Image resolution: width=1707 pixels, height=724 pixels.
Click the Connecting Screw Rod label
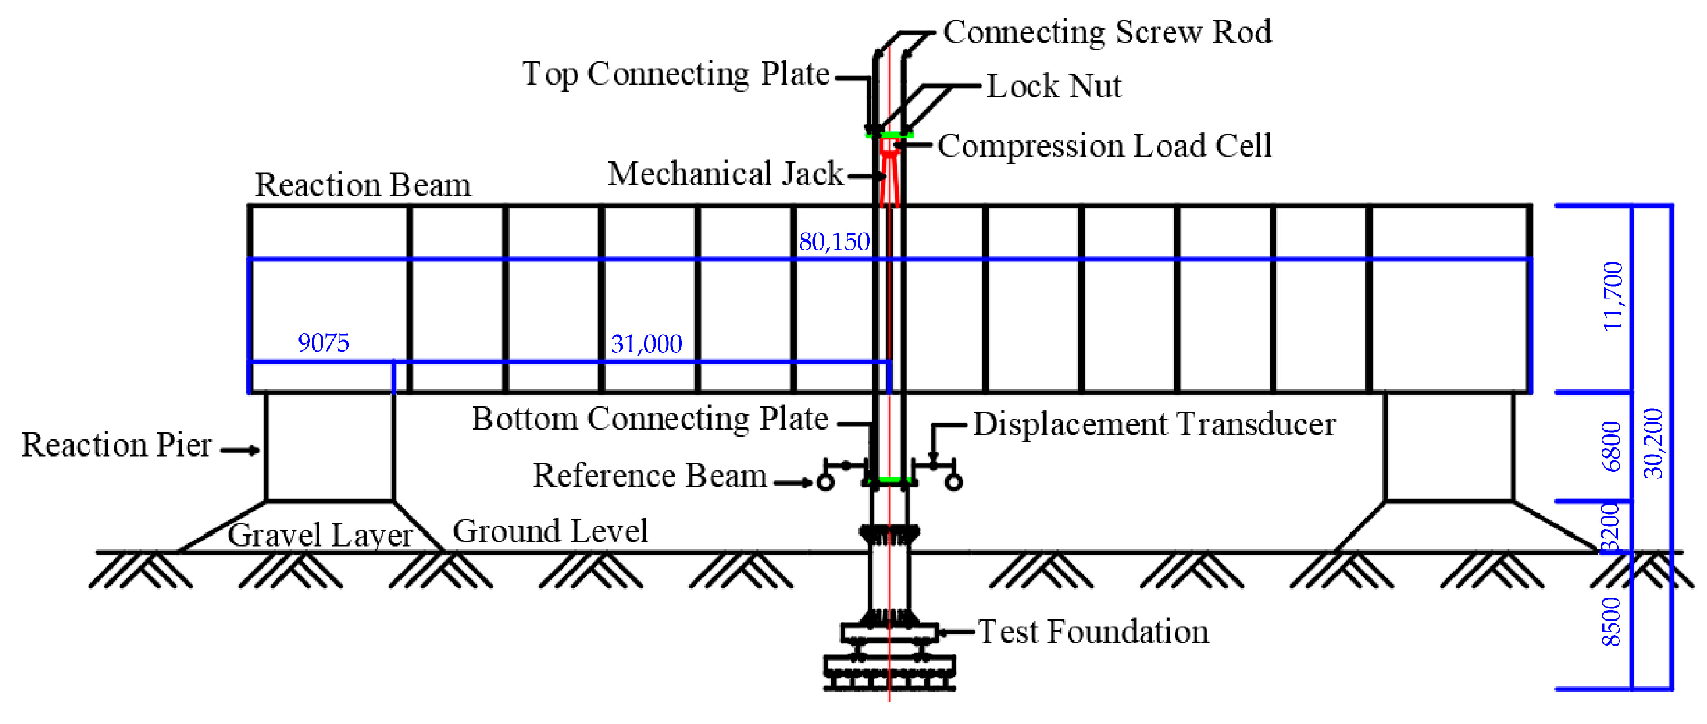(1107, 32)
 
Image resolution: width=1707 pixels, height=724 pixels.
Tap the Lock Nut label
(1053, 86)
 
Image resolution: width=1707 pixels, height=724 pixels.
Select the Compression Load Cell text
(1105, 146)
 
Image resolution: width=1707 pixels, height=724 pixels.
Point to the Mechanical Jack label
(725, 175)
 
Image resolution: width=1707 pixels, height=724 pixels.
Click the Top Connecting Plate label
(676, 74)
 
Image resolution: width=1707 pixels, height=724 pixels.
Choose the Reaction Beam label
(363, 185)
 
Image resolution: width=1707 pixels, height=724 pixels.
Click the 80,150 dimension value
(833, 242)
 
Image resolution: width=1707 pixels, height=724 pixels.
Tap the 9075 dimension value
(323, 343)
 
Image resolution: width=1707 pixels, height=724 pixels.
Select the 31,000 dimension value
(646, 344)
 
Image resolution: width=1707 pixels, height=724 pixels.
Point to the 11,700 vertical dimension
(1613, 296)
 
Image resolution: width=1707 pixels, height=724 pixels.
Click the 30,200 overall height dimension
(1653, 443)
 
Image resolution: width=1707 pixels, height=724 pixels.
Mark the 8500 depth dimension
(1612, 621)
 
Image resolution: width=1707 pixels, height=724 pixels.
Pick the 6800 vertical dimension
(1612, 446)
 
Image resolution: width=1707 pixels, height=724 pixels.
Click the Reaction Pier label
(117, 445)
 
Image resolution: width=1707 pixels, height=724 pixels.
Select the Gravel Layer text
(320, 535)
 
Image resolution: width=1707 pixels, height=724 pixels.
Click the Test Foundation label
(1093, 632)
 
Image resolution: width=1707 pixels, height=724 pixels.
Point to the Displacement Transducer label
(1153, 425)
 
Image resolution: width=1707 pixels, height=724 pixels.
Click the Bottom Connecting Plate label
(650, 419)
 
